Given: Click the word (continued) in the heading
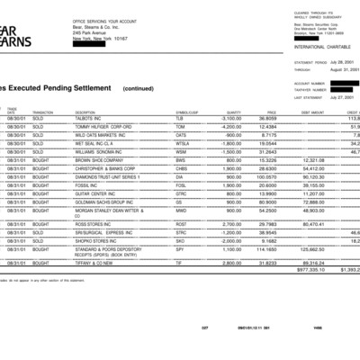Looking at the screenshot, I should pos(139,89).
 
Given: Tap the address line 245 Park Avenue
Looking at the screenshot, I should pos(93,32).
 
